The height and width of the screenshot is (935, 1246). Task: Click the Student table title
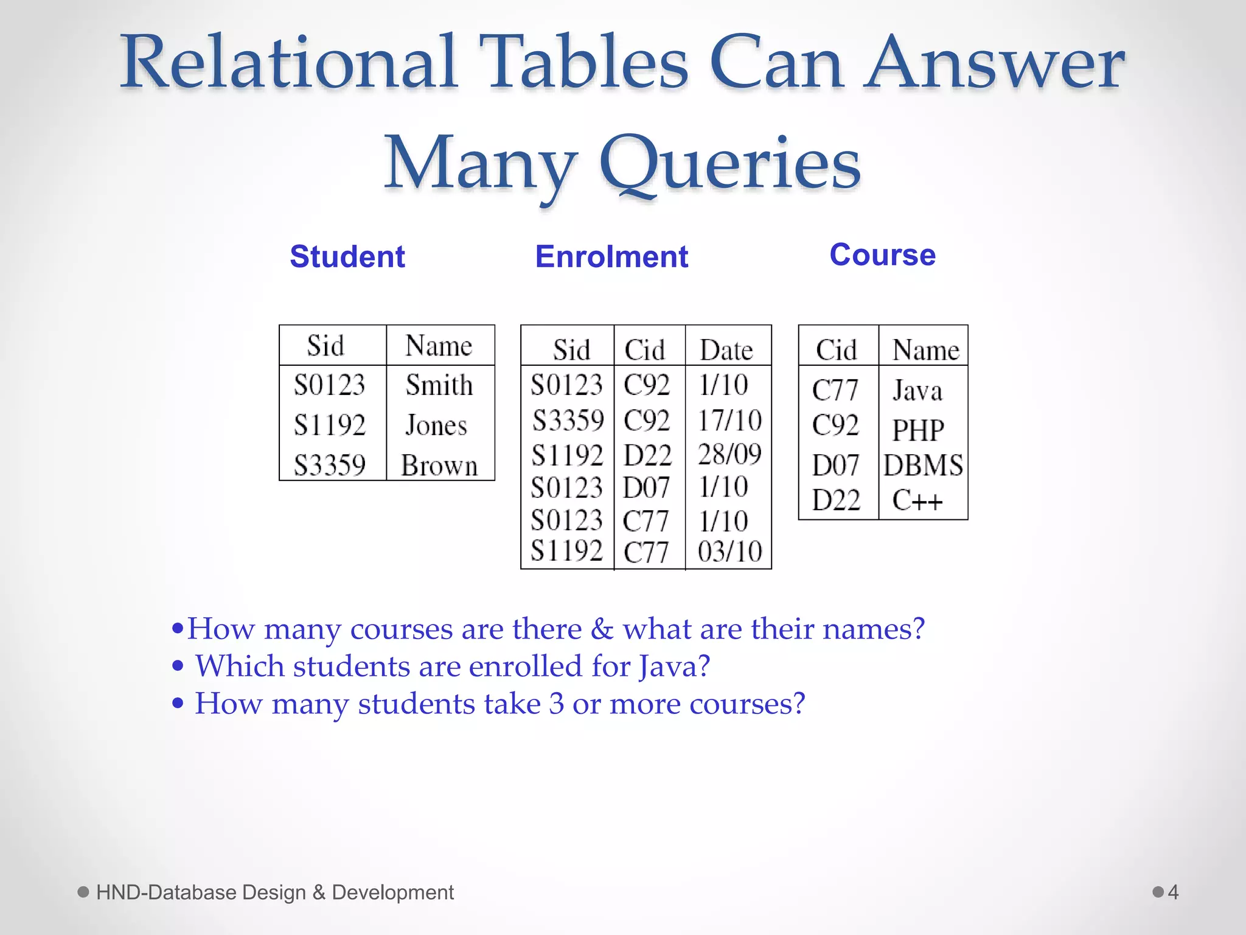pyautogui.click(x=347, y=256)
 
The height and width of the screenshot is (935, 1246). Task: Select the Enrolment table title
pyautogui.click(x=611, y=256)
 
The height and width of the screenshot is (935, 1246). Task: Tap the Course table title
pyautogui.click(x=882, y=254)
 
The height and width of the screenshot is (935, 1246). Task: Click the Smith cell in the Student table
pyautogui.click(x=439, y=385)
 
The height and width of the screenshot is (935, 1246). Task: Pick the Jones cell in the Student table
pyautogui.click(x=436, y=425)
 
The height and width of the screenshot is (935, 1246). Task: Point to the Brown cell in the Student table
pyautogui.click(x=439, y=466)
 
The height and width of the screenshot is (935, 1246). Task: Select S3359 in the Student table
pyautogui.click(x=330, y=466)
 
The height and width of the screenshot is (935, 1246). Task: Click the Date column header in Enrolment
pyautogui.click(x=726, y=350)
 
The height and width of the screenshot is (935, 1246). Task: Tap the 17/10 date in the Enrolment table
pyautogui.click(x=729, y=420)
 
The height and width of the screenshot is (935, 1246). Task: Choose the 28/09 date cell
pyautogui.click(x=729, y=454)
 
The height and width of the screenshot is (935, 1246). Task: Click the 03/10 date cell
pyautogui.click(x=729, y=552)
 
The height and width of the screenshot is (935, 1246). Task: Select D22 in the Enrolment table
pyautogui.click(x=647, y=455)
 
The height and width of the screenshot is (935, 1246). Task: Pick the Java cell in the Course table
pyautogui.click(x=917, y=390)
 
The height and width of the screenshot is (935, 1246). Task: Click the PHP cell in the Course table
pyautogui.click(x=917, y=430)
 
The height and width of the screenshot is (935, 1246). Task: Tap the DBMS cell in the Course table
pyautogui.click(x=923, y=466)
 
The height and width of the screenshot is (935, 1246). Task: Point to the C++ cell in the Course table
pyautogui.click(x=917, y=500)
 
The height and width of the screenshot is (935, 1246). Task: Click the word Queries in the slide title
pyautogui.click(x=729, y=163)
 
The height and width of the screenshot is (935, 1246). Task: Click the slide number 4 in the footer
pyautogui.click(x=1173, y=892)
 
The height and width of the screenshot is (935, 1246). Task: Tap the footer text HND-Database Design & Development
pyautogui.click(x=274, y=892)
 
